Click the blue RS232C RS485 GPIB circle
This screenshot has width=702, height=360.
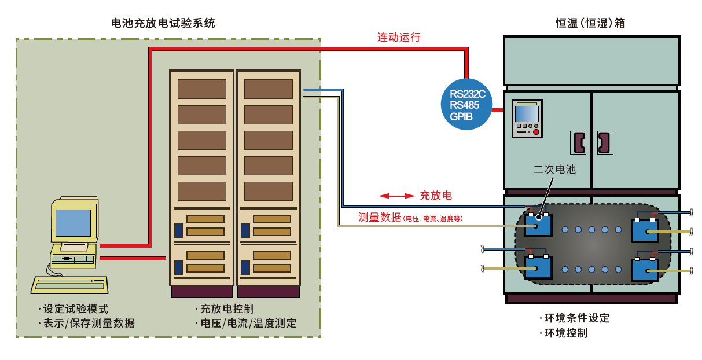pyautogui.click(x=466, y=104)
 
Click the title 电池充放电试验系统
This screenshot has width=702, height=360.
pyautogui.click(x=163, y=23)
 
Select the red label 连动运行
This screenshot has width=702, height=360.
pyautogui.click(x=399, y=38)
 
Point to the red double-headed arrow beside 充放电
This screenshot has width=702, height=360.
pyautogui.click(x=396, y=196)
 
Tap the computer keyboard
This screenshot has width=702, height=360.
pyautogui.click(x=69, y=284)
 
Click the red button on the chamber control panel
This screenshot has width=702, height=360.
pyautogui.click(x=536, y=132)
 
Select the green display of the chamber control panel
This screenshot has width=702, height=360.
pyautogui.click(x=527, y=112)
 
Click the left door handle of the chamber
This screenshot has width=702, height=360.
pyautogui.click(x=578, y=142)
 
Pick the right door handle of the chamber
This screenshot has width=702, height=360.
pyautogui.click(x=604, y=142)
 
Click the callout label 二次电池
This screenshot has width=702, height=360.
pyautogui.click(x=554, y=170)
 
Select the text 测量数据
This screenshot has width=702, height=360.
pyautogui.click(x=380, y=218)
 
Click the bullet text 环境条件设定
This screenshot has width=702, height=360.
pyautogui.click(x=576, y=318)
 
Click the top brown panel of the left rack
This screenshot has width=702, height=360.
pyautogui.click(x=201, y=89)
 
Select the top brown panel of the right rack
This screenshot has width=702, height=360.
pyautogui.click(x=268, y=89)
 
